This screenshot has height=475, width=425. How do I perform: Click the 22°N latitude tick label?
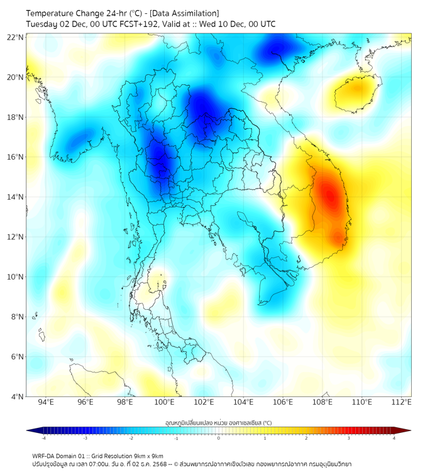tap(16, 37)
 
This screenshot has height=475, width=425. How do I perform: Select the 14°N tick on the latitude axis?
tap(16, 197)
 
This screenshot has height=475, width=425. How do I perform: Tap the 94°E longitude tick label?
tap(46, 402)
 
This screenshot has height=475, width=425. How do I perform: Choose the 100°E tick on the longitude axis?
tap(164, 402)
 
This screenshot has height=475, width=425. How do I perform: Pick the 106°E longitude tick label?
tap(283, 402)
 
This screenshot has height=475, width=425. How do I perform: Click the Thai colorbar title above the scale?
tap(218, 422)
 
